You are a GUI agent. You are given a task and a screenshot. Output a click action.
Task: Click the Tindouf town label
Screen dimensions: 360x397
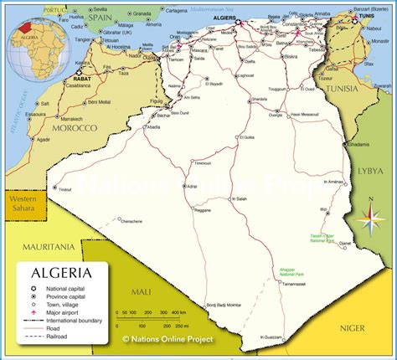[x=65, y=189]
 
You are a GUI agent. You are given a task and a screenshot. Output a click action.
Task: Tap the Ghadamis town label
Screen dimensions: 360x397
[x=358, y=144]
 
